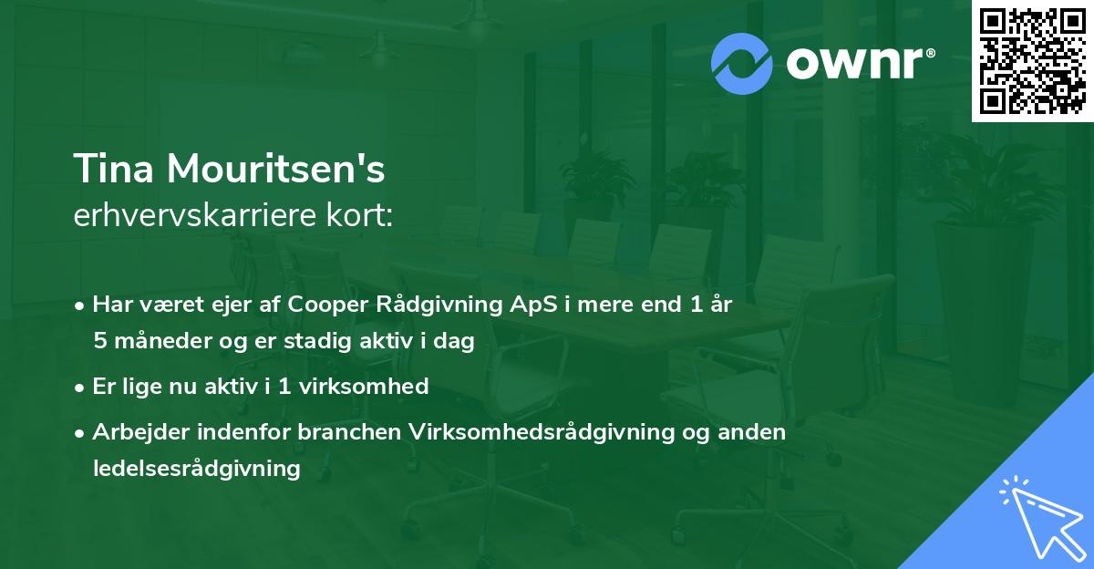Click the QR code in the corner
coord(1032,60)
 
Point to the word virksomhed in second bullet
coord(376,387)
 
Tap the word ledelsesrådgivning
coord(196,469)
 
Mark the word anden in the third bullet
coord(754,432)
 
